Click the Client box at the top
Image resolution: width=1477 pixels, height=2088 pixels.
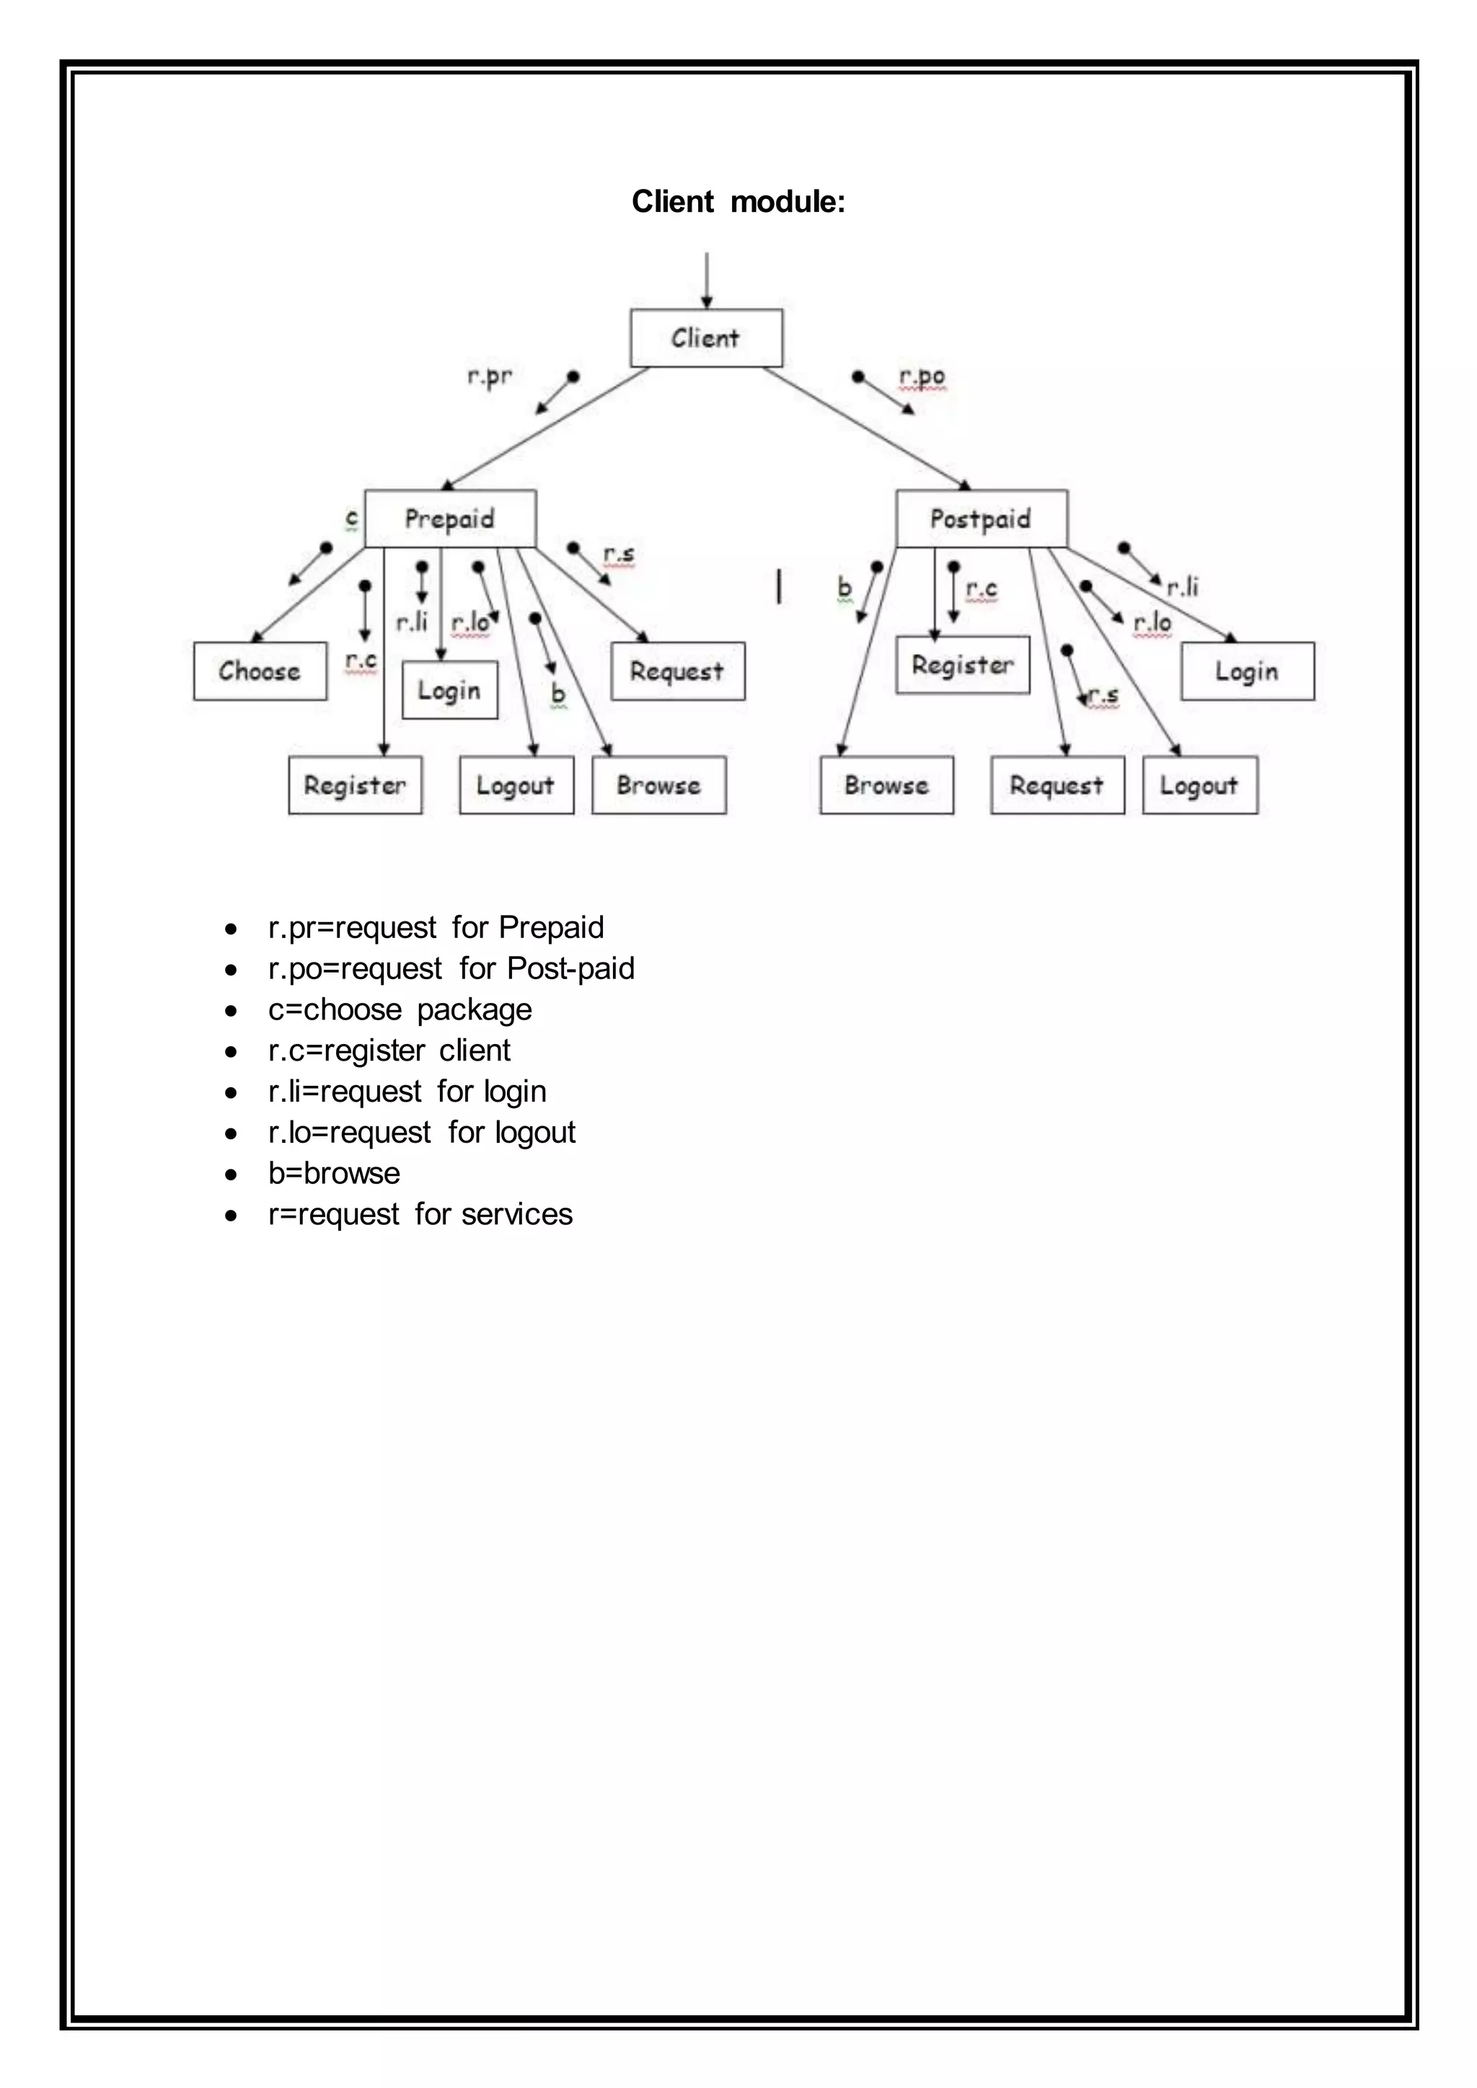tap(706, 338)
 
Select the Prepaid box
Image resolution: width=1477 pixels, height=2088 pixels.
tap(449, 519)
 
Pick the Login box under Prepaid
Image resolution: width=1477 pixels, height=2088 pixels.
tap(449, 690)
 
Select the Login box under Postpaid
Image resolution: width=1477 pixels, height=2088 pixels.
tap(1247, 671)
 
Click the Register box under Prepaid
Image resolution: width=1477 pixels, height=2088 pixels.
tap(355, 785)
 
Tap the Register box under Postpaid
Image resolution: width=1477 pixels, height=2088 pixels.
tap(962, 665)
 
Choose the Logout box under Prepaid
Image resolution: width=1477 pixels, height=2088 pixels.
tap(516, 785)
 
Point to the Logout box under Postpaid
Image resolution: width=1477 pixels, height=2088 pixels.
tap(1199, 785)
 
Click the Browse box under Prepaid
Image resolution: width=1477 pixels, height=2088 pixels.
tap(658, 785)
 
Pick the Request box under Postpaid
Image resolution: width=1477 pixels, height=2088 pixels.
tap(1057, 785)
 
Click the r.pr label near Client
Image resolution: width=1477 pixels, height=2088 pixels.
tap(489, 376)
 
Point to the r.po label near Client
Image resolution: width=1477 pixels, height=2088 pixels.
tap(921, 376)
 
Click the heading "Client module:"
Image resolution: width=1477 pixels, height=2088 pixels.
tap(738, 201)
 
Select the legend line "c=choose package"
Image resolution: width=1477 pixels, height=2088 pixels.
tap(400, 1009)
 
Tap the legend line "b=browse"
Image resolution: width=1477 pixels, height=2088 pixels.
tap(334, 1173)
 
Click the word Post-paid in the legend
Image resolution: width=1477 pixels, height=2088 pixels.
tap(570, 968)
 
